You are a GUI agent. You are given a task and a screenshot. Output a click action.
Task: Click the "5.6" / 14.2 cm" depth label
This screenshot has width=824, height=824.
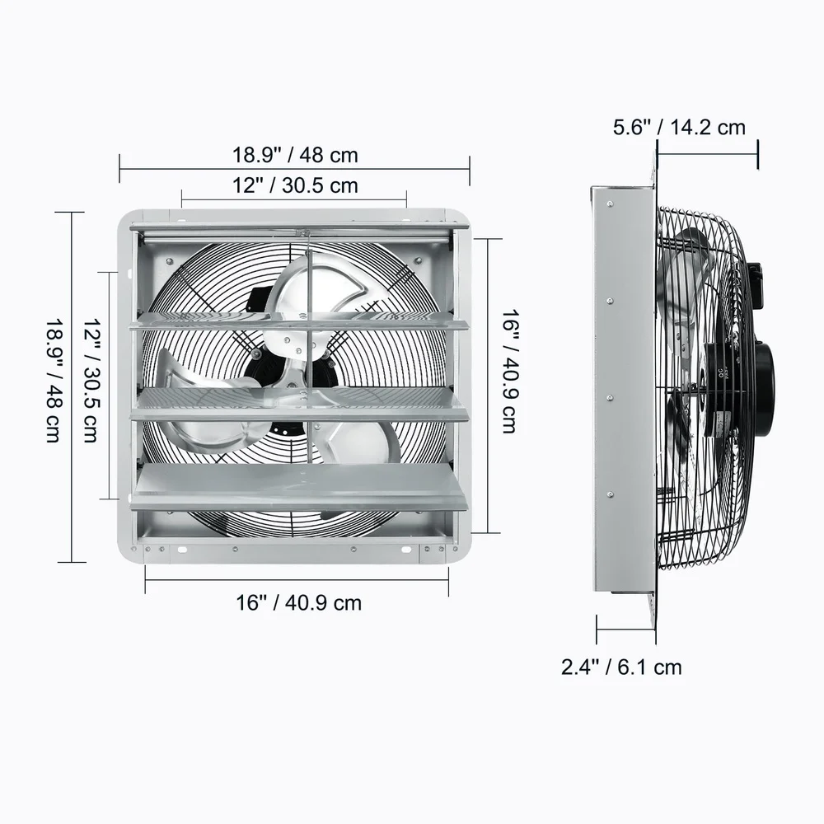pos(679,128)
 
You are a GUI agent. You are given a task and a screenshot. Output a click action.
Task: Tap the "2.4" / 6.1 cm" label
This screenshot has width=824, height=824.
pos(622,667)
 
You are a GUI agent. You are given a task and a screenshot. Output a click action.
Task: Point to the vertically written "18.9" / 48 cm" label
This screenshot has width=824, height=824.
pos(53,381)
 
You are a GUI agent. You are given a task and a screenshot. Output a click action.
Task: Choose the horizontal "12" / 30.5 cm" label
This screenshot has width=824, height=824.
pos(295,185)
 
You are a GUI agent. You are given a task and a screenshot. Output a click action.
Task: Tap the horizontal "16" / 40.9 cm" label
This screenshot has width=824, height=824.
pos(298,602)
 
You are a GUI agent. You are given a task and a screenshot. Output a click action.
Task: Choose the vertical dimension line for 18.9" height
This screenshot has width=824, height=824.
pos(72,387)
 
